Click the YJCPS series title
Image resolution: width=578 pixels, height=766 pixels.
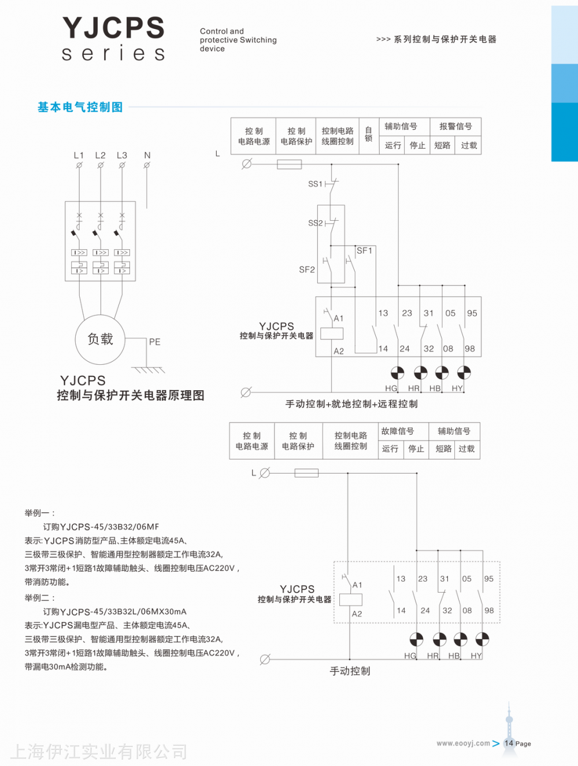coord(113,39)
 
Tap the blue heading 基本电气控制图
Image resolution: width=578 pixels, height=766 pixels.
coord(80,107)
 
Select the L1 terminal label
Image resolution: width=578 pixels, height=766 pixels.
coord(79,156)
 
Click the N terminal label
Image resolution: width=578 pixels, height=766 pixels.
coord(147,156)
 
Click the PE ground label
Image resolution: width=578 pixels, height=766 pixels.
coord(154,342)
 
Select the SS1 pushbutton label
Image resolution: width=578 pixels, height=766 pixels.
coord(315,184)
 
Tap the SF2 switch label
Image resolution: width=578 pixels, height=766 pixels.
coord(307,269)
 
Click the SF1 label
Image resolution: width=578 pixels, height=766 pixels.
coord(365,250)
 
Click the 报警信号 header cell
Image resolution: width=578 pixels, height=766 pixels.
coord(455,127)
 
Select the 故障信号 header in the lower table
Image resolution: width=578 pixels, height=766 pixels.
coord(398,431)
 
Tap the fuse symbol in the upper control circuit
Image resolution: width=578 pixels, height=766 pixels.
coord(289,164)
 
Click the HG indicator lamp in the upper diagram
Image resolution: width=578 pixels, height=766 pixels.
coord(397,373)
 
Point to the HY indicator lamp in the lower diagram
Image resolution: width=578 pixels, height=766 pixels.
coord(483,639)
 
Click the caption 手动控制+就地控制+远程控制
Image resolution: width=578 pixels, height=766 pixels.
coord(351,404)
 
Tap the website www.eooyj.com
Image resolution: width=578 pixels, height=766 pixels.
coord(463,743)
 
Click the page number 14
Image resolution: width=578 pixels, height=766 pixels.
coord(509,743)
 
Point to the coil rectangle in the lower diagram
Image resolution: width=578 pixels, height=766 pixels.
coord(351,600)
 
